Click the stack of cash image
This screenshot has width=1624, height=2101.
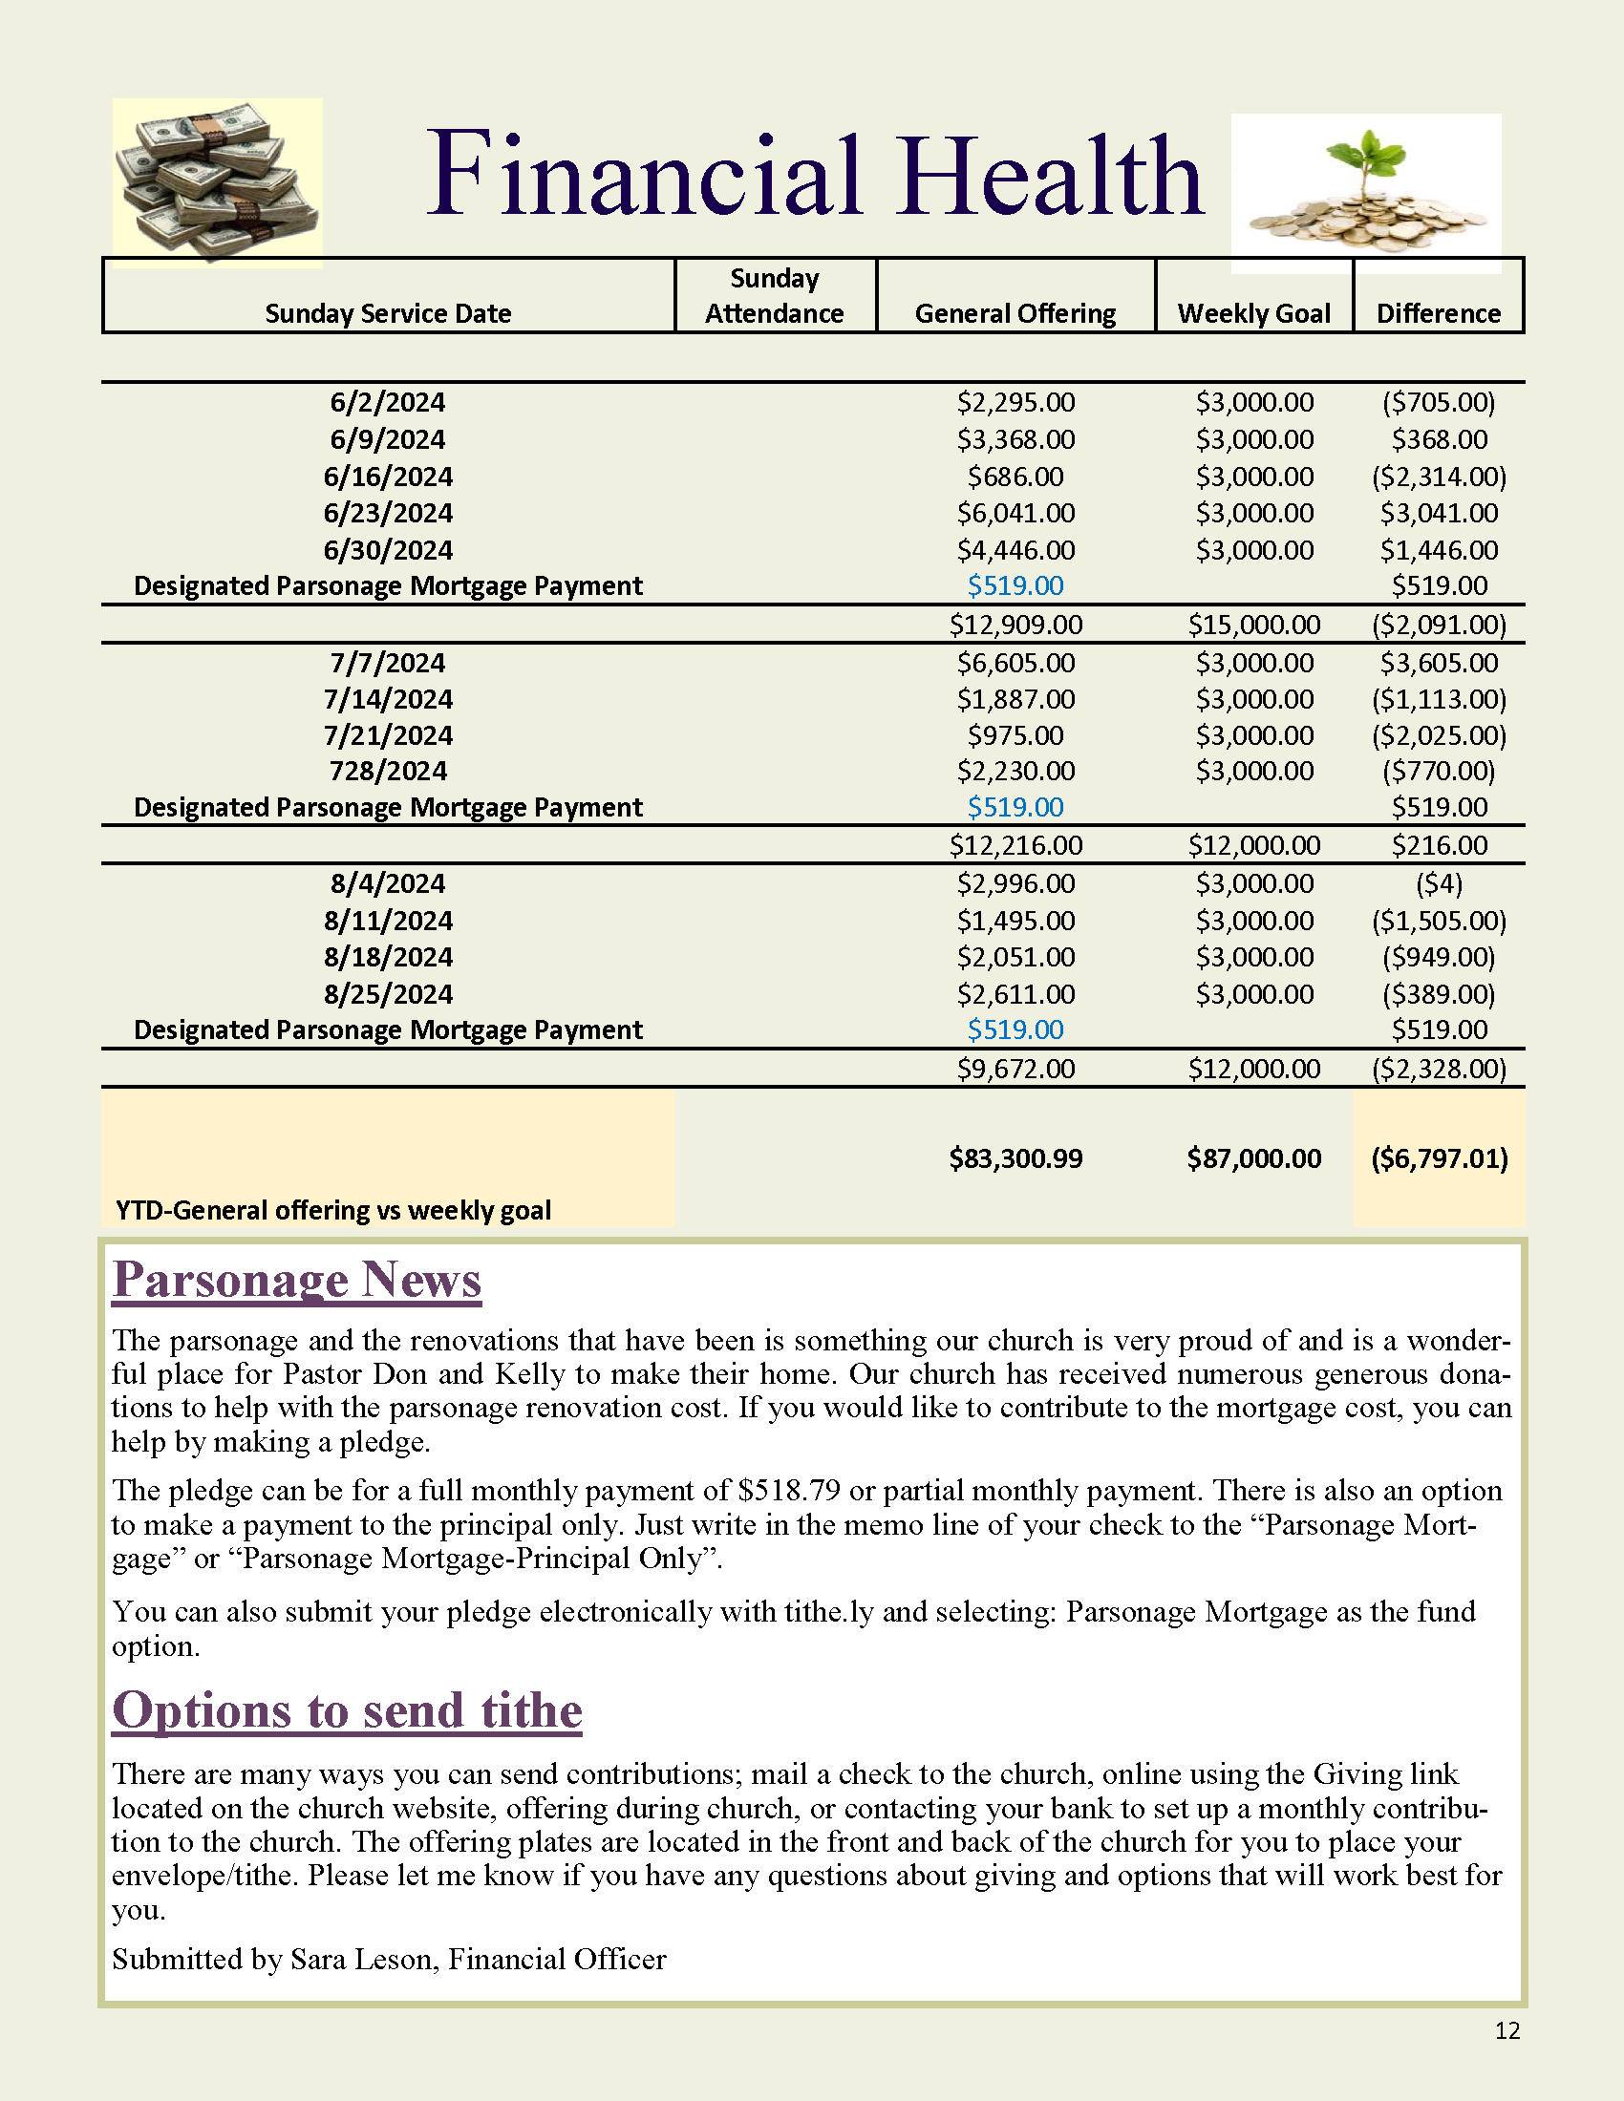pos(218,180)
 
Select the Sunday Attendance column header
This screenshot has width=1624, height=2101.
pos(775,295)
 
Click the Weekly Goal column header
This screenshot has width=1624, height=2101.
pos(1253,313)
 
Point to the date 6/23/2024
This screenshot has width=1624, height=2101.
pos(388,513)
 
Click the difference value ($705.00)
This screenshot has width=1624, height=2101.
pos(1439,402)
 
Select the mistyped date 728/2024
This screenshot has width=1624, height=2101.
pos(388,771)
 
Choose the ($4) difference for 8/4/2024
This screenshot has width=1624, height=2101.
pos(1439,883)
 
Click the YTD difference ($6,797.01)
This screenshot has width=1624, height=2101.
pos(1440,1158)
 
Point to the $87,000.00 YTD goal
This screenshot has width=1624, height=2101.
pos(1253,1158)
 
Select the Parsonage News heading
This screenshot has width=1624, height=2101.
pos(296,1281)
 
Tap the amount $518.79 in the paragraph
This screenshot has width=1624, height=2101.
pos(789,1490)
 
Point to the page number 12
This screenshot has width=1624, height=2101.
pos(1506,2030)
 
